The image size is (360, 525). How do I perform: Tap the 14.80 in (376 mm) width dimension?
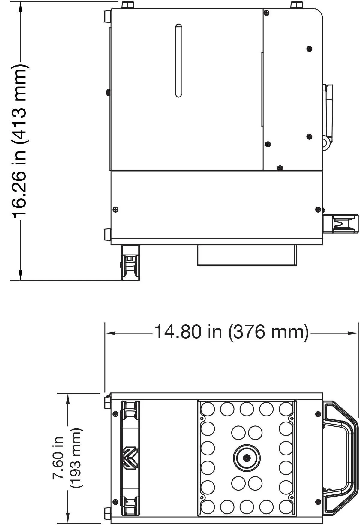pyautogui.click(x=231, y=332)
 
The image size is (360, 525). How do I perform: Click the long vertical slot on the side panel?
pyautogui.click(x=178, y=61)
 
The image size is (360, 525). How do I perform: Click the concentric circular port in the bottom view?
pyautogui.click(x=247, y=458)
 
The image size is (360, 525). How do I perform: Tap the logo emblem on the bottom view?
pyautogui.click(x=130, y=458)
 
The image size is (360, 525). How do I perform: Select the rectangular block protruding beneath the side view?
pyautogui.click(x=247, y=255)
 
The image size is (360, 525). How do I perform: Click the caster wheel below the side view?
pyautogui.click(x=130, y=263)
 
